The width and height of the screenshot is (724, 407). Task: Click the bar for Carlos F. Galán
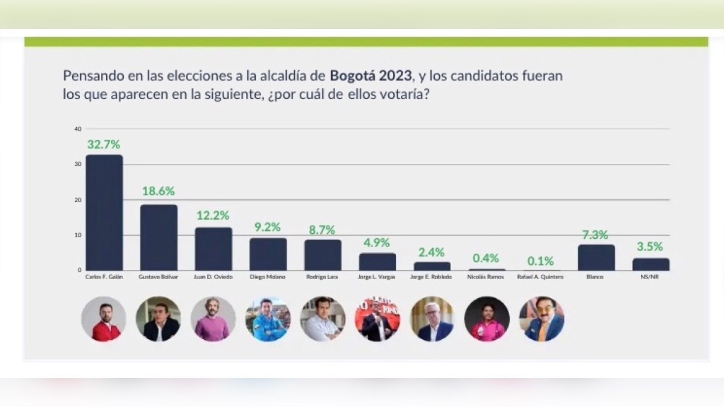tap(104, 212)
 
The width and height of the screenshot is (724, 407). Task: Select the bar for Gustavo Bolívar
tap(158, 237)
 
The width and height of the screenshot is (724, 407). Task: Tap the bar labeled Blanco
tap(596, 257)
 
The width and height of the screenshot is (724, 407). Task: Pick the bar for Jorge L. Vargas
tap(378, 261)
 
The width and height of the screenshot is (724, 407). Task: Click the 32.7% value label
tap(104, 144)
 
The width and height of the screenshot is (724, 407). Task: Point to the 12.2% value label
tap(213, 216)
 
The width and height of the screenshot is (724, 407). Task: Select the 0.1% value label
tap(541, 261)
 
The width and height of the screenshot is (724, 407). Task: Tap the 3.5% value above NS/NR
tap(650, 247)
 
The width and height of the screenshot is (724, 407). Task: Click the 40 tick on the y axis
tap(78, 129)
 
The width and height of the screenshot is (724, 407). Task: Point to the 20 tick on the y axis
tap(78, 200)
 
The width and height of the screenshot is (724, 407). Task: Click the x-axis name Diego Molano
tap(268, 277)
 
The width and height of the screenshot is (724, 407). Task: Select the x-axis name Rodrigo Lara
tap(322, 277)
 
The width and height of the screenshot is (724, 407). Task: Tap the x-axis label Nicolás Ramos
tap(486, 277)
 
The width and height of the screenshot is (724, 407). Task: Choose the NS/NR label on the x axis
tap(650, 277)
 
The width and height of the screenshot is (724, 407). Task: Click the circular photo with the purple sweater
tap(213, 319)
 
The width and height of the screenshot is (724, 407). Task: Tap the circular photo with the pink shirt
tap(486, 319)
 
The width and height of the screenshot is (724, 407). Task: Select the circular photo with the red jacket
tap(104, 319)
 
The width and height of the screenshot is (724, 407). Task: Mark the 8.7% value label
tap(322, 230)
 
